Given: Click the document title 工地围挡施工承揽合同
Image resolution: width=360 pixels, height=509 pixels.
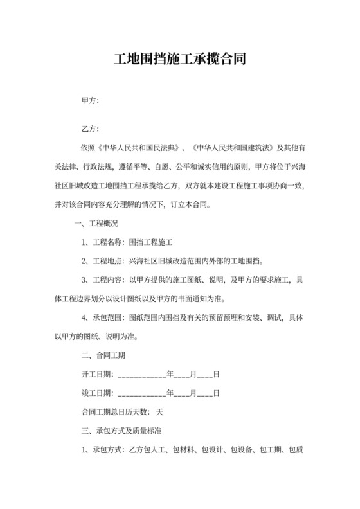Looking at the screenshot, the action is click(179, 60).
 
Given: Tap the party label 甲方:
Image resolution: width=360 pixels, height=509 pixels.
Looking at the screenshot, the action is click(89, 101).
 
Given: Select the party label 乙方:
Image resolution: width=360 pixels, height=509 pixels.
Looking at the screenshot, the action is click(89, 129).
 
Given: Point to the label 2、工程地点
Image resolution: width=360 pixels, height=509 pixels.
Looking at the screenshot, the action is click(103, 262).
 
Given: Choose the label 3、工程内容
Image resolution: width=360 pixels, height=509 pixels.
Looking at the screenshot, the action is click(103, 280).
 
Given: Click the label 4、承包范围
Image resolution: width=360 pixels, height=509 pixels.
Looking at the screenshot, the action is click(103, 318).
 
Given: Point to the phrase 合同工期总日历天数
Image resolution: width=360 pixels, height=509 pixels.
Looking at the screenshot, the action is click(115, 412).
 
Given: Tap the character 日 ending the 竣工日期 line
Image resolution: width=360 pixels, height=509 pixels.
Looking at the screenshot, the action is click(217, 393).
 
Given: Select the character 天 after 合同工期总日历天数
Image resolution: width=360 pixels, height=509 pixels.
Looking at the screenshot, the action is click(160, 412).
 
